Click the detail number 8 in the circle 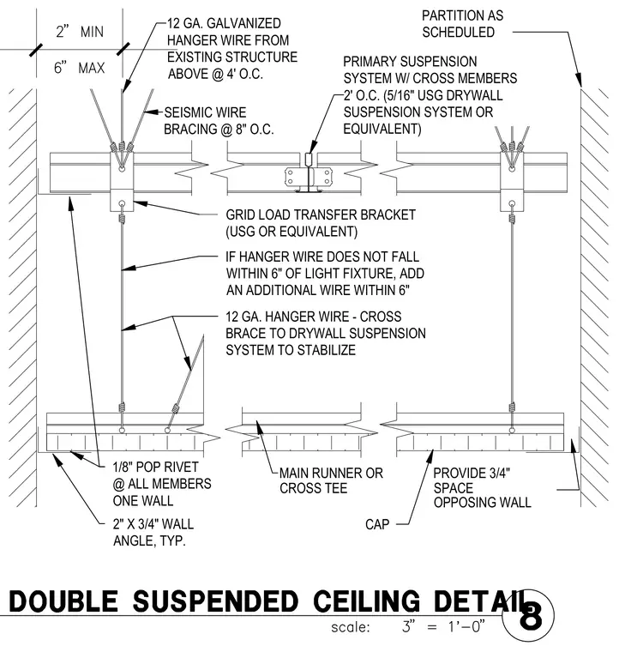pos(531,618)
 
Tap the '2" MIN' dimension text pos(80,32)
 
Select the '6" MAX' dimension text pos(80,68)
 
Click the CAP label pos(377,524)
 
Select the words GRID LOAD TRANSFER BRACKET pos(321,214)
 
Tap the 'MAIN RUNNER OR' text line pos(331,473)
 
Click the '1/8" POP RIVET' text pos(156,467)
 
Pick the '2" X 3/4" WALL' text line pos(153,524)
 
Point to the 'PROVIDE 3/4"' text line pos(472,474)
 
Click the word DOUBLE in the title pos(63,601)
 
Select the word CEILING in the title pos(366,601)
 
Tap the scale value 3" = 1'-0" pos(443,626)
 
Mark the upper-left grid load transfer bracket pos(122,181)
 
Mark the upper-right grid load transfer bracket pos(512,181)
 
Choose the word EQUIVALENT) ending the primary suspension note pos(382,129)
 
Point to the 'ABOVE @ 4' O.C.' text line pos(215,74)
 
